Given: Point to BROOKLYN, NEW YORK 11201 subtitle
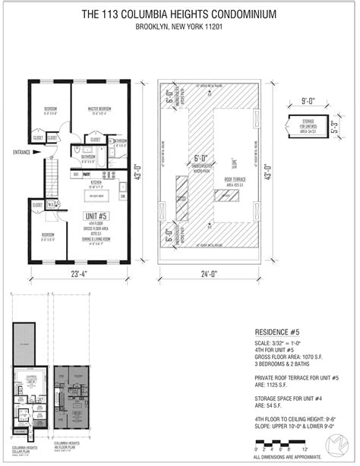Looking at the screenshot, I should (x=179, y=28).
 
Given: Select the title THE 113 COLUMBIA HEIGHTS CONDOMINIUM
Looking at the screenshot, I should (x=179, y=14).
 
